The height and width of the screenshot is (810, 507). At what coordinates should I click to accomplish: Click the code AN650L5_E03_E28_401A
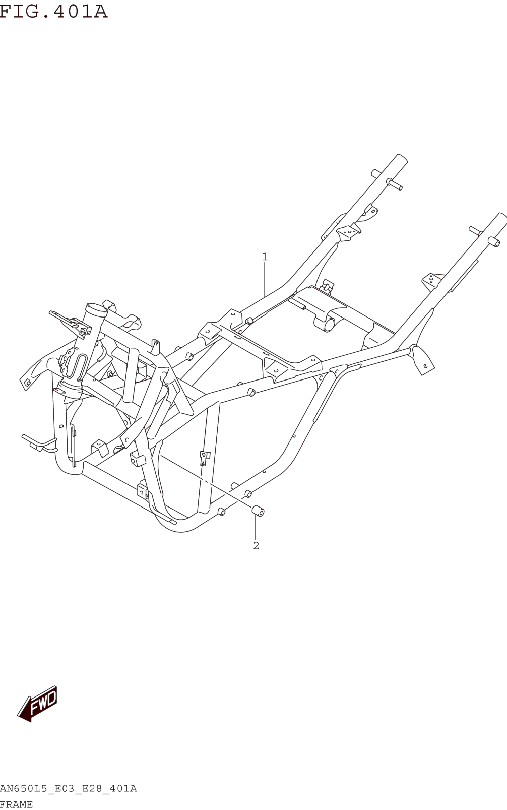pos(68,789)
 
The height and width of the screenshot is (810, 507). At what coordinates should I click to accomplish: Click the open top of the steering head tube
pos(97,308)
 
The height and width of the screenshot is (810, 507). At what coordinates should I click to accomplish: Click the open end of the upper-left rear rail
pos(403,158)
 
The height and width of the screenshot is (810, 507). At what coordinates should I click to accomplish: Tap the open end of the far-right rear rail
pos(503,216)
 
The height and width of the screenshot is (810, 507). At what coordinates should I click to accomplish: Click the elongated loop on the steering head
pos(81,368)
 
